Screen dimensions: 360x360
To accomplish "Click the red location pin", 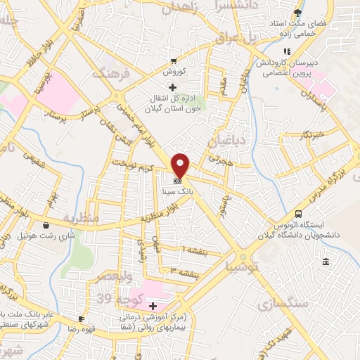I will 181,165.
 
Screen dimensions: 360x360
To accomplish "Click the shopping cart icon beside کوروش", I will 174,60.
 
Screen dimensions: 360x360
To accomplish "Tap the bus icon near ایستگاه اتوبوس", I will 299,214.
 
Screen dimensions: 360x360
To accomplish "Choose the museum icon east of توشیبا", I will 325,262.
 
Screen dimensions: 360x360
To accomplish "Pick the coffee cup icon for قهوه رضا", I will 81,319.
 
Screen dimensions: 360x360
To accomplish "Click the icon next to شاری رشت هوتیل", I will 46,226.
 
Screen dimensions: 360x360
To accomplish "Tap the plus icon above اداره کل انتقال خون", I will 172,87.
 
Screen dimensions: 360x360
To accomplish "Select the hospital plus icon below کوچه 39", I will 153,306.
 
